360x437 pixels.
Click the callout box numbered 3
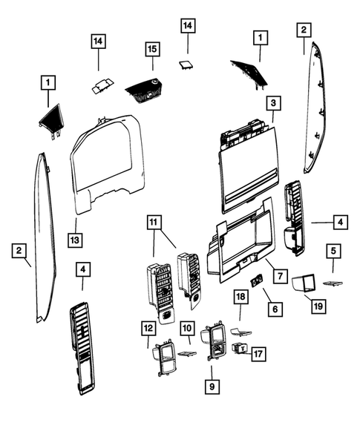tap(274, 102)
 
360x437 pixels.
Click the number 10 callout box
tap(187, 326)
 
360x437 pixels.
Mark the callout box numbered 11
tap(154, 222)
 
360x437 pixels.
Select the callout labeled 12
tap(148, 326)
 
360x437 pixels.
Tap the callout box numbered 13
tap(76, 240)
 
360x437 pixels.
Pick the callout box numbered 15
tap(152, 49)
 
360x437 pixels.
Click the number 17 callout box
tap(258, 354)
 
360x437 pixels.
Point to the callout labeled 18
tap(240, 297)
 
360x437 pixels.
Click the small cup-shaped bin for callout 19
tap(304, 283)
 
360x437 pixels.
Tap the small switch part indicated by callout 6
tap(256, 280)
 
